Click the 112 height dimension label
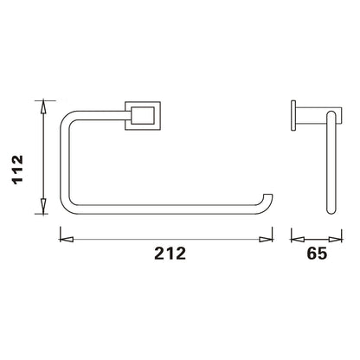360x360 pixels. coord(17,170)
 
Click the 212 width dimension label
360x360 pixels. coord(170,254)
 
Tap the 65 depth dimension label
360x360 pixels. coord(317,254)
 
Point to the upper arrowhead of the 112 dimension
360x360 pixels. coord(43,107)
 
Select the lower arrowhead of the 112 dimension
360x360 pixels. coord(43,206)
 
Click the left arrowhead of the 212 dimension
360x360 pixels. coord(67,240)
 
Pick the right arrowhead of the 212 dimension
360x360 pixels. coord(266,240)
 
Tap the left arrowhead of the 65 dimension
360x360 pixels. coord(298,240)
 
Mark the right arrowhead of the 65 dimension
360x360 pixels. coord(335,240)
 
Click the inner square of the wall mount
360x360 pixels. coord(143,116)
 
